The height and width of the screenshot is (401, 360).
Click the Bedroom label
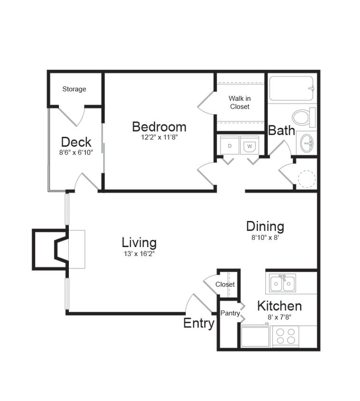[x=159, y=127]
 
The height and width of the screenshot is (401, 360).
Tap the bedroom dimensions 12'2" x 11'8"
[x=159, y=137]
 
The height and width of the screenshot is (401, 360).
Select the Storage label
[x=74, y=89]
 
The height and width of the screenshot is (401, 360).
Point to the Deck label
[x=76, y=142]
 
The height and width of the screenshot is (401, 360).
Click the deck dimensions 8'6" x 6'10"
[x=76, y=153]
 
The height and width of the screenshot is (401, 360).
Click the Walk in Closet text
[x=239, y=103]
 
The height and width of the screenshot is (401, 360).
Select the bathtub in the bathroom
[x=291, y=88]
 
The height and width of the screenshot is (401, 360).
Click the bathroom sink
[x=307, y=142]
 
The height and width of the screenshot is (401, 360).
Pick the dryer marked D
[x=229, y=146]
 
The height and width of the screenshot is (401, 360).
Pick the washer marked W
[x=249, y=146]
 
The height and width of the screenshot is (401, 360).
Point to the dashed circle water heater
[x=306, y=178]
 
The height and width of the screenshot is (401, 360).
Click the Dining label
[x=265, y=227]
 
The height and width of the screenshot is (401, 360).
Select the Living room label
[x=139, y=242]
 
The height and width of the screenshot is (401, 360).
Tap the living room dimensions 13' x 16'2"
[x=139, y=253]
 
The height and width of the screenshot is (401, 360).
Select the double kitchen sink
[x=282, y=284]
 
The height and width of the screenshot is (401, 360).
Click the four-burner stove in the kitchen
[x=285, y=336]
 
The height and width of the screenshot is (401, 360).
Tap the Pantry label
[x=230, y=313]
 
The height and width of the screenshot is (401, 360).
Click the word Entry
[x=199, y=324]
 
